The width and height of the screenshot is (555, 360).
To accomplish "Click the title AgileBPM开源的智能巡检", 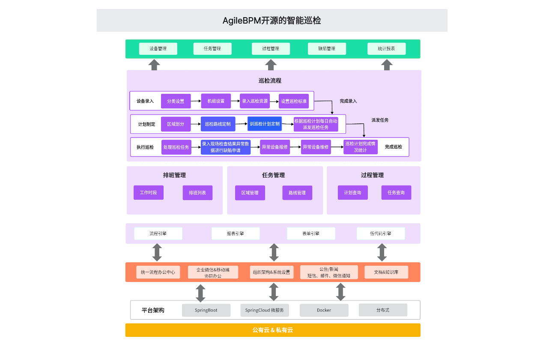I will tap(272, 21).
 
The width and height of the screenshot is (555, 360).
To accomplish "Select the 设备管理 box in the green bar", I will tap(158, 49).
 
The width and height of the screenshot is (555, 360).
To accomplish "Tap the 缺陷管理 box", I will tap(327, 49).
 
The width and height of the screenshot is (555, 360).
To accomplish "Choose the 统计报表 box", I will tap(386, 49).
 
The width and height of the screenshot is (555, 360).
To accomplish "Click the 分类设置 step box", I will tap(176, 101).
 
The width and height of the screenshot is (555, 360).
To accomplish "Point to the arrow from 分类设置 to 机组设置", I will tap(196, 101).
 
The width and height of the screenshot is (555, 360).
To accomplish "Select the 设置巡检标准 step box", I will tap(294, 101).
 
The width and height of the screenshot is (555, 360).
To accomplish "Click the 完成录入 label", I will tap(348, 101).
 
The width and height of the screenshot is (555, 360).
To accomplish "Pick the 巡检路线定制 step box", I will tap(218, 124).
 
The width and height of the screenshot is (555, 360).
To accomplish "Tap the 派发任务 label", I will tap(380, 120).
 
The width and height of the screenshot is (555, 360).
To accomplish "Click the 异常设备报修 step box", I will tap(275, 147).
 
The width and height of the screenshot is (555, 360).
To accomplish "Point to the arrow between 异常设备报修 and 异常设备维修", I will tap(295, 147).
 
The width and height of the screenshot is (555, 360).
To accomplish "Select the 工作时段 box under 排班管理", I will tap(148, 193).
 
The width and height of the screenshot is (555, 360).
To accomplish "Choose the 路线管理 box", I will tap(297, 193).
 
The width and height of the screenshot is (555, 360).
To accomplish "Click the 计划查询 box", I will tap(352, 193).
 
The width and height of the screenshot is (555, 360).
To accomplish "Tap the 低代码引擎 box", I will tap(381, 234).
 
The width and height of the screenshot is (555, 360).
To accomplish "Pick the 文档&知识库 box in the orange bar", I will tap(386, 272).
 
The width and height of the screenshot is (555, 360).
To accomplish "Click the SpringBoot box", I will tap(206, 310).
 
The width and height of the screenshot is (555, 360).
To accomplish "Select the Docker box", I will tap(324, 310).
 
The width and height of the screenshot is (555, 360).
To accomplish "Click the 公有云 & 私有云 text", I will tap(272, 330).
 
